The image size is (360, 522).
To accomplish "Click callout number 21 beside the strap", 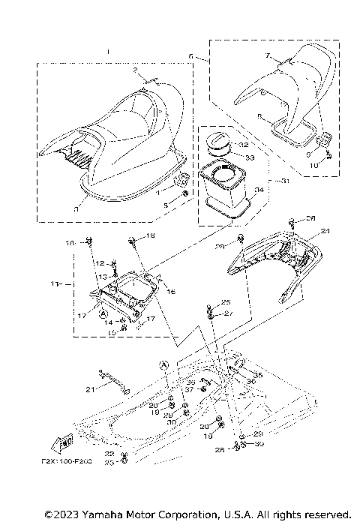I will pyautogui.click(x=89, y=389).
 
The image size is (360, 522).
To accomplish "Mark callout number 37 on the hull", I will pyautogui.click(x=190, y=389).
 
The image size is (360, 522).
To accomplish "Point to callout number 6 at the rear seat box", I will pyautogui.click(x=191, y=56).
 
